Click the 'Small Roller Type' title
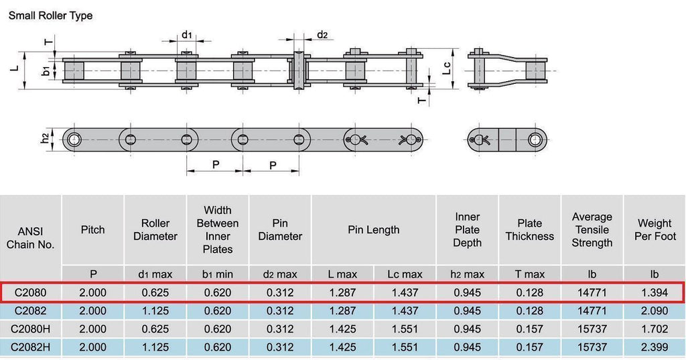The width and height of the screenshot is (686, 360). pyautogui.click(x=50, y=16)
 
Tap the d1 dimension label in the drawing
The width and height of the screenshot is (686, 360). pyautogui.click(x=187, y=34)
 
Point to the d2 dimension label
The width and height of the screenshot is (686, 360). pyautogui.click(x=322, y=35)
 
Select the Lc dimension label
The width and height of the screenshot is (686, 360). pyautogui.click(x=446, y=68)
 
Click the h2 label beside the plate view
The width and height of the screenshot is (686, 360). pyautogui.click(x=45, y=138)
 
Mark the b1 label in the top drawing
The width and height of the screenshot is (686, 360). pyautogui.click(x=46, y=70)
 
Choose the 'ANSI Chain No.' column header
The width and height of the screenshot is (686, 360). pyautogui.click(x=31, y=238)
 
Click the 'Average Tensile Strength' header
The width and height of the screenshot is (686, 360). pyautogui.click(x=592, y=230)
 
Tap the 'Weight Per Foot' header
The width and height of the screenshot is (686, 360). pyautogui.click(x=655, y=230)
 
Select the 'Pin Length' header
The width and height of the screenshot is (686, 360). pyautogui.click(x=374, y=230)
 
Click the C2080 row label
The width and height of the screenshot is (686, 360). pyautogui.click(x=30, y=292)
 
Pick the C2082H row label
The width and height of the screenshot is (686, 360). pyautogui.click(x=30, y=347)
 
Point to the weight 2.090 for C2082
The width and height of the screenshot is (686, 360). pyautogui.click(x=655, y=311)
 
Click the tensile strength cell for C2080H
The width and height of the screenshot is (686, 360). pyautogui.click(x=592, y=329)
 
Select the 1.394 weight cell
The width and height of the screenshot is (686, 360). pyautogui.click(x=655, y=292)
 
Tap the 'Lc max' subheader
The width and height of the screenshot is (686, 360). pyautogui.click(x=405, y=275)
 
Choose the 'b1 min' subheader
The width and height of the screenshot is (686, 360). pyautogui.click(x=218, y=275)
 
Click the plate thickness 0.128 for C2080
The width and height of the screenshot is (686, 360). pyautogui.click(x=529, y=292)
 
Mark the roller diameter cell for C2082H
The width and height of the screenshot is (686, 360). pyautogui.click(x=155, y=347)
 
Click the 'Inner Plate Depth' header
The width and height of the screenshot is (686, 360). pyautogui.click(x=467, y=230)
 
